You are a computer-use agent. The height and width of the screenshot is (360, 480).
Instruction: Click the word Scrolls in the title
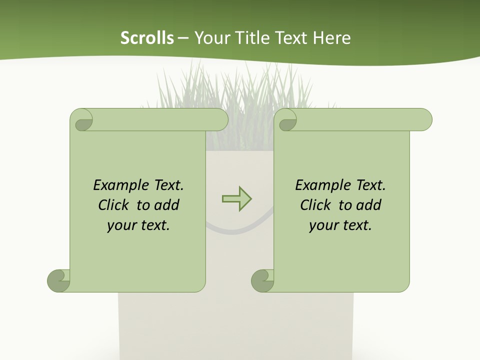click(x=147, y=38)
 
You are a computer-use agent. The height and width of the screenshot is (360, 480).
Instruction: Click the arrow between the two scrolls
click(x=236, y=199)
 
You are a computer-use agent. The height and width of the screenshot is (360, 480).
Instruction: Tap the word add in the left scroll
click(x=166, y=205)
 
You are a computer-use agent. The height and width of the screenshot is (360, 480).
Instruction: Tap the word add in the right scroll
click(x=368, y=205)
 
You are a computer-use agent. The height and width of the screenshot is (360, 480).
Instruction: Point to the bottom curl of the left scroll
click(x=58, y=280)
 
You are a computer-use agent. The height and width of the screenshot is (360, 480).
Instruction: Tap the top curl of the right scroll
click(x=287, y=120)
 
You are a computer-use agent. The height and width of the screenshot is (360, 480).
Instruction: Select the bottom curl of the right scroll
click(x=262, y=280)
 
